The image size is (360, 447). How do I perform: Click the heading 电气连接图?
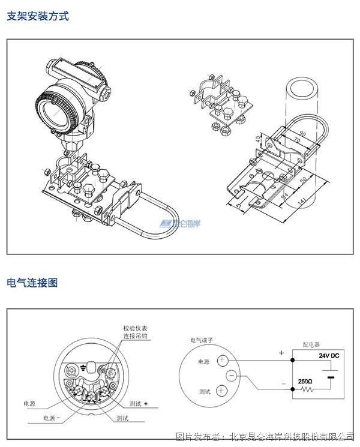tap(32, 282)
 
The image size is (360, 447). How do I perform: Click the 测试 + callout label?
tap(136, 404)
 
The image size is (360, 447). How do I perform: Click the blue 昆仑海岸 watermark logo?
tap(179, 223)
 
